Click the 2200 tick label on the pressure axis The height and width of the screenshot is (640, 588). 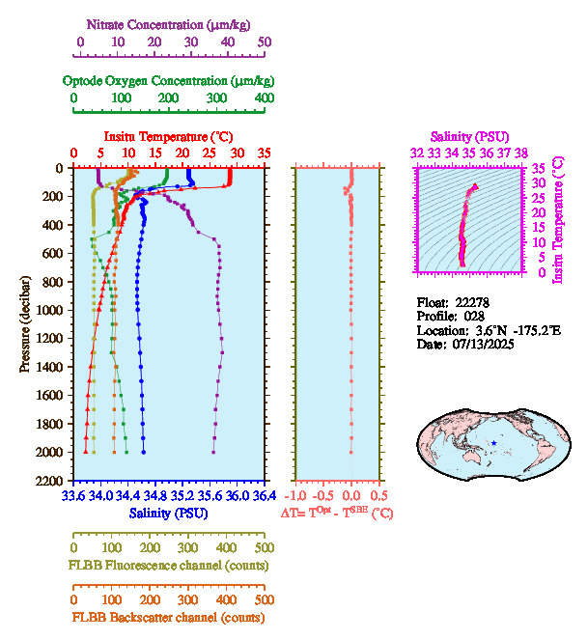[50, 481]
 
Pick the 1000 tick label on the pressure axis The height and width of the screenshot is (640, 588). [50, 310]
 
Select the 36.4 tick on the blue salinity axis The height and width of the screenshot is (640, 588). [264, 497]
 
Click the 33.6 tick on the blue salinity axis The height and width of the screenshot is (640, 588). [73, 497]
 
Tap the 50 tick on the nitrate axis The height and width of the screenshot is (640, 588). [265, 42]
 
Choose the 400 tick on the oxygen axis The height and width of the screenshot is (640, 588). [264, 98]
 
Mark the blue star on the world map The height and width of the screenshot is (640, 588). [493, 442]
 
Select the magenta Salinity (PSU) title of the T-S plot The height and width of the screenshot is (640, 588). [469, 137]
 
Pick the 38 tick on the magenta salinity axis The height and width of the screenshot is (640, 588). [521, 153]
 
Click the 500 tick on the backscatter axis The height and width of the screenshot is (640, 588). [264, 598]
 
